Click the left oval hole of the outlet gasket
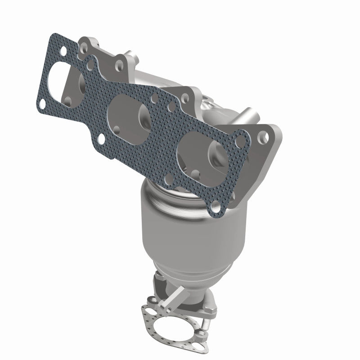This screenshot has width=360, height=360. pyautogui.click(x=148, y=310)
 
